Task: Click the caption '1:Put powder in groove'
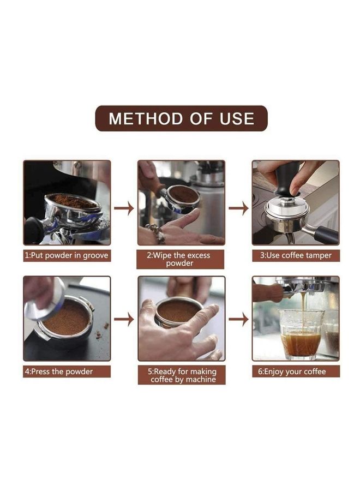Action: coord(67,255)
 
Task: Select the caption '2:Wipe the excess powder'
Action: coord(181,259)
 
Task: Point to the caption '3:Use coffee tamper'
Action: coord(296,255)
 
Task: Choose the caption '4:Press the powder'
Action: coord(67,372)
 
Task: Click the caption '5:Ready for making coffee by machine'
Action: coord(181,375)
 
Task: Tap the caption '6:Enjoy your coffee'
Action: coord(296,372)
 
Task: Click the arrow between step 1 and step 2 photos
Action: coord(124,208)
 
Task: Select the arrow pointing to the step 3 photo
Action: coord(238,208)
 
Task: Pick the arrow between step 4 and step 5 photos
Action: coord(124,320)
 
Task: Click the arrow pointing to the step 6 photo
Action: coord(238,320)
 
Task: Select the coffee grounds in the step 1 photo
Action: coord(74,202)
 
